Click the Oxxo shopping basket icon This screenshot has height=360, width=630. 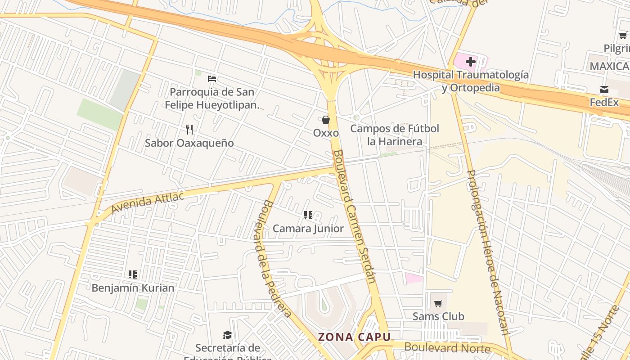coord(326,120)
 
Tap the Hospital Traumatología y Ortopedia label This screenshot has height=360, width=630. coord(471,81)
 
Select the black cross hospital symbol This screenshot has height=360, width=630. coord(471,61)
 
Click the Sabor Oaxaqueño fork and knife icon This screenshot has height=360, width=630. coord(189,130)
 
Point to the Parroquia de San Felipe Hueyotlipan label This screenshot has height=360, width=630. coord(212,99)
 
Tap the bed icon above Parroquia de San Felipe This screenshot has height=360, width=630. coord(212,78)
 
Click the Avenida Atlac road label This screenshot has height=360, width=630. coord(148,202)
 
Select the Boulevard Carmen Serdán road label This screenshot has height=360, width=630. coord(354,216)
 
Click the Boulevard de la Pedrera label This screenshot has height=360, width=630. coord(276,259)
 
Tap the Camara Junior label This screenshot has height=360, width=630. coord(308,229)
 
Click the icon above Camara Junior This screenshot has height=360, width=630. coord(308,215)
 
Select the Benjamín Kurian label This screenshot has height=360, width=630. coord(133,288)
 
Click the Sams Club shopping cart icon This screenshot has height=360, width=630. coord(438,303)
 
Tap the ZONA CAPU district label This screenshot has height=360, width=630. coord(354,337)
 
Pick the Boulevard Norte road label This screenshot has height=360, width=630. coord(447,347)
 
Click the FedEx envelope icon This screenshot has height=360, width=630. coord(604,90)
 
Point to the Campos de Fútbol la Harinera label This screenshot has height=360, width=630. coord(395,135)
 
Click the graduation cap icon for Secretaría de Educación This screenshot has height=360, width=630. coord(228,335)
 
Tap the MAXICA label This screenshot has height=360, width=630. coord(609,67)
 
